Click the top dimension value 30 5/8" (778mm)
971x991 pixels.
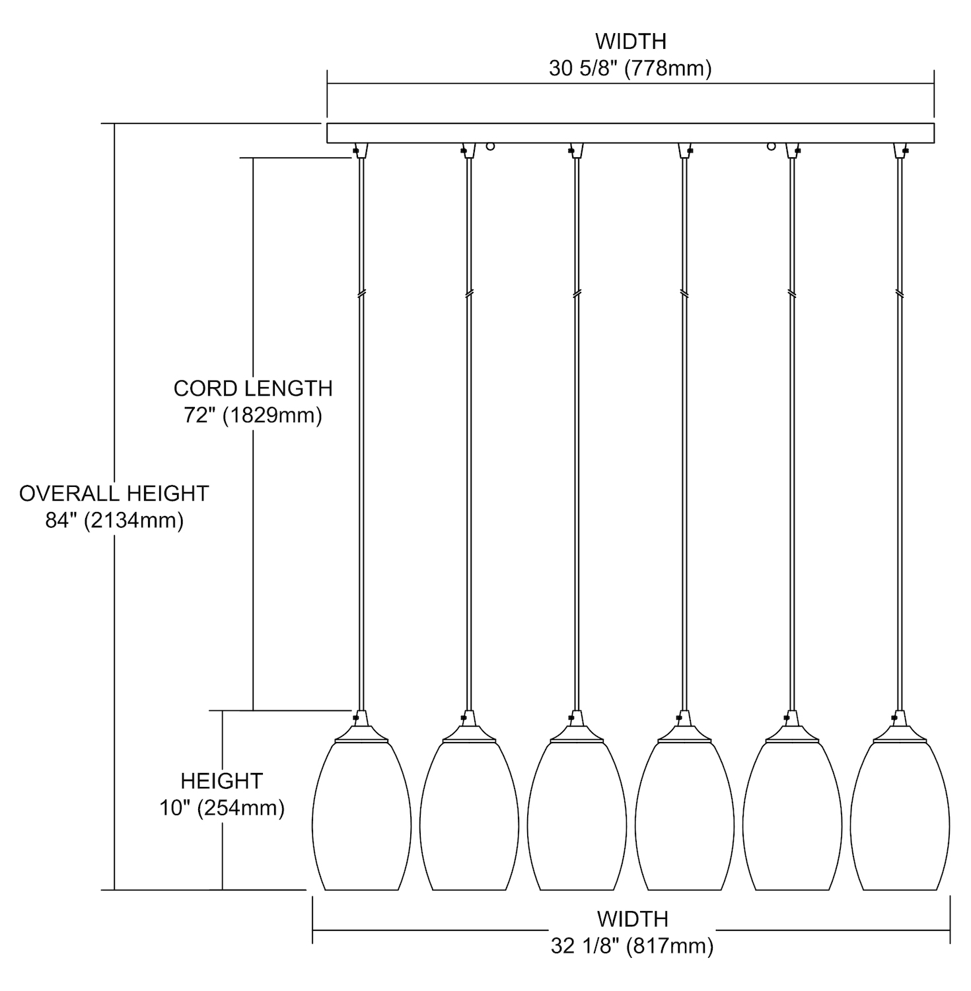tap(630, 69)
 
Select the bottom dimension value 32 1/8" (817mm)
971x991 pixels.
tap(632, 947)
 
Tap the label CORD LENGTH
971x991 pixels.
tap(253, 388)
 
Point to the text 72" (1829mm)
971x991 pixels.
tap(253, 416)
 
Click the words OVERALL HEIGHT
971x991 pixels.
tap(114, 494)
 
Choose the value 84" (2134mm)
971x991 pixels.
tap(114, 521)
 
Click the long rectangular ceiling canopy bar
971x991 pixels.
tap(630, 133)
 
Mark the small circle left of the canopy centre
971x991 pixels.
tap(490, 146)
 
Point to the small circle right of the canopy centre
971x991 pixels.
tap(771, 146)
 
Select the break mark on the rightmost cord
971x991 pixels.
tap(899, 293)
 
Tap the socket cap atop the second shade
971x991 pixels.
tap(469, 728)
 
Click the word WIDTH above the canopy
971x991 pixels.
tap(631, 42)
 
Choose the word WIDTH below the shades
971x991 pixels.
tap(632, 919)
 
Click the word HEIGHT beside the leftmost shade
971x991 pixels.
tap(222, 781)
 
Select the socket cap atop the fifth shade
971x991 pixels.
tap(792, 728)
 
